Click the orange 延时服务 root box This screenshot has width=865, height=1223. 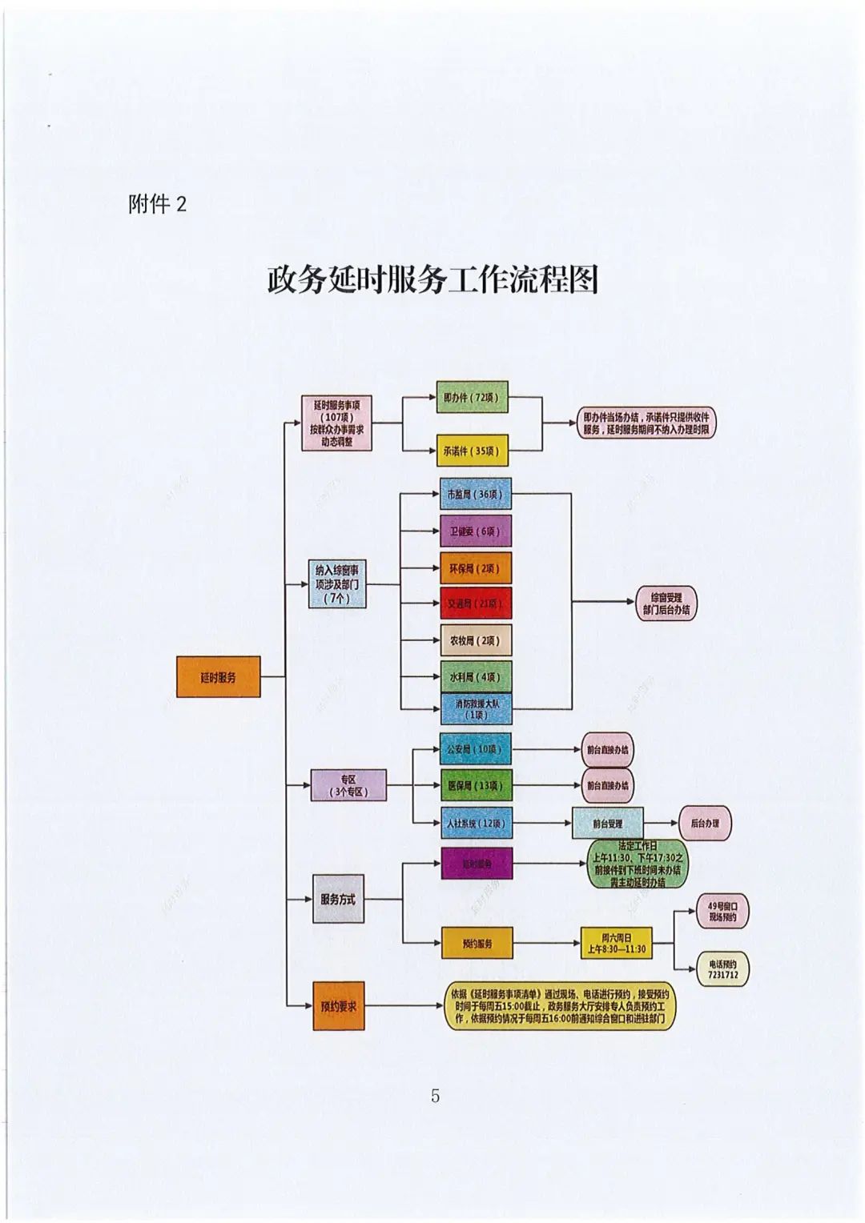click(218, 677)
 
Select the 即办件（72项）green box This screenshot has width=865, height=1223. click(472, 397)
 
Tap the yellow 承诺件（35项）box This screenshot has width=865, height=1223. click(472, 451)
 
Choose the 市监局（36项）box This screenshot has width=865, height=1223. click(475, 495)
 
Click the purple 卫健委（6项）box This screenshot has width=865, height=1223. click(475, 531)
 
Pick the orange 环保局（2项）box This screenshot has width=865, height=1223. click(475, 568)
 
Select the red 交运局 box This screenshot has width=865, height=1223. click(475, 603)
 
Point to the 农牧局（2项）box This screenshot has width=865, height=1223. click(475, 640)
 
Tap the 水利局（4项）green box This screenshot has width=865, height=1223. click(475, 677)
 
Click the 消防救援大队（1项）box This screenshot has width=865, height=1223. click(476, 709)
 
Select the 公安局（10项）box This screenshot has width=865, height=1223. click(475, 750)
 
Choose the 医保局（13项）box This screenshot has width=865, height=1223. click(475, 786)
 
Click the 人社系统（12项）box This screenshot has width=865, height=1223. click(475, 823)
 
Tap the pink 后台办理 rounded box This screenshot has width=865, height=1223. click(705, 823)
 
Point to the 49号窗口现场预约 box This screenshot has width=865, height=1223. click(722, 912)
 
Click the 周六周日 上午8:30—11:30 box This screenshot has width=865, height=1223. click(616, 944)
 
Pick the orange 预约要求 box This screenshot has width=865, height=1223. click(338, 1007)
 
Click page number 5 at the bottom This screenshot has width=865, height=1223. click(435, 1096)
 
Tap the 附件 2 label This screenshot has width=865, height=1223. click(157, 204)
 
